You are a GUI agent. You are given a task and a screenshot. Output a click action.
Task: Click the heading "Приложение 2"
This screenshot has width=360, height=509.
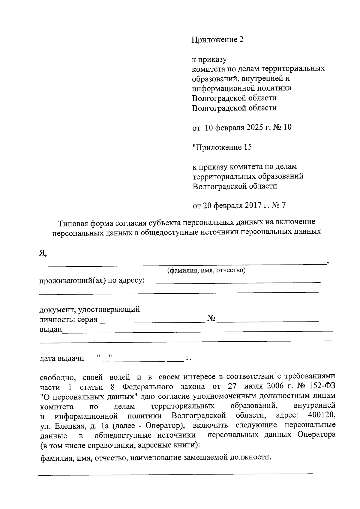coord(217,40)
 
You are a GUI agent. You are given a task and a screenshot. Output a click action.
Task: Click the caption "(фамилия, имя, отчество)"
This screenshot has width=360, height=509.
coord(206,271)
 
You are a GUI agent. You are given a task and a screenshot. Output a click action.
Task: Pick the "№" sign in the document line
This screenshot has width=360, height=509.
coord(211,319)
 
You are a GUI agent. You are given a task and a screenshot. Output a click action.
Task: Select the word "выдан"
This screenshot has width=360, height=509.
coord(51,329)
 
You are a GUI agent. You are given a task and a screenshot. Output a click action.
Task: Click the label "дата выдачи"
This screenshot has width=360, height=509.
coord(62,358)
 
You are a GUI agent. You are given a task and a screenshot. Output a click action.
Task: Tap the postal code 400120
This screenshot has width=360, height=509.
coord(321,416)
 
